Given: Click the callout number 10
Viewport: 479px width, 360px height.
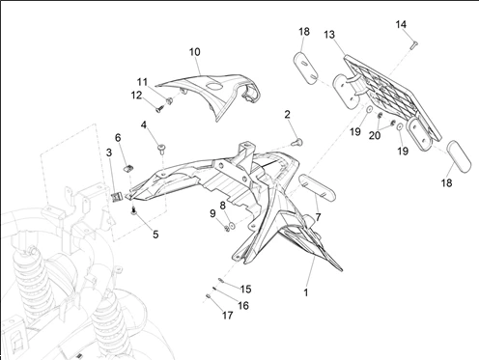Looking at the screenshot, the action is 195,52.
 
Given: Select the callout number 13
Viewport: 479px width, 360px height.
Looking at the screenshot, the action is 329,35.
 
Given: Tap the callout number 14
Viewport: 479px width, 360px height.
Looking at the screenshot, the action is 401,24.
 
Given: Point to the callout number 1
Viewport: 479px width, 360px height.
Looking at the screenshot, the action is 306,292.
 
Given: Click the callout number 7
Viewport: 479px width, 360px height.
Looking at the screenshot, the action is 318,217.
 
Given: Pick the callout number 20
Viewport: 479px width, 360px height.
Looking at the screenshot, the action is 375,136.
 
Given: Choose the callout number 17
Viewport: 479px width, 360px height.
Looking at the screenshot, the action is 228,316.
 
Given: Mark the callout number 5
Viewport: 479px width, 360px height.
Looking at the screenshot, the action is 155,235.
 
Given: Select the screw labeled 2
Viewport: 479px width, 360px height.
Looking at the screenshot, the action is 297,142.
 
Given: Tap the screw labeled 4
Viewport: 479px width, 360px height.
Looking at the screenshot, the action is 162,149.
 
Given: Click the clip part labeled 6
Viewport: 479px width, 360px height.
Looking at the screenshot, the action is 129,168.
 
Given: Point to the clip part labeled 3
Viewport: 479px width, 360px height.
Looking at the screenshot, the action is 117,197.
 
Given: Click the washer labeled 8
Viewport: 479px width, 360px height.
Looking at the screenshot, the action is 232,225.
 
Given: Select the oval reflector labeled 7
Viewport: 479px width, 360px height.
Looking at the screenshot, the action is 318,187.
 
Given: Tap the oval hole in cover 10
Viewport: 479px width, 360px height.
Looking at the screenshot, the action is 214,86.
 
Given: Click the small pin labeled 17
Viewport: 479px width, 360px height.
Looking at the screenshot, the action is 208,296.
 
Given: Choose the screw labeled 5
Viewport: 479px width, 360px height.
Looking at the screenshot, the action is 134,211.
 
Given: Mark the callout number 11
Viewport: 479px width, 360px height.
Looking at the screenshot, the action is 142,82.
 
